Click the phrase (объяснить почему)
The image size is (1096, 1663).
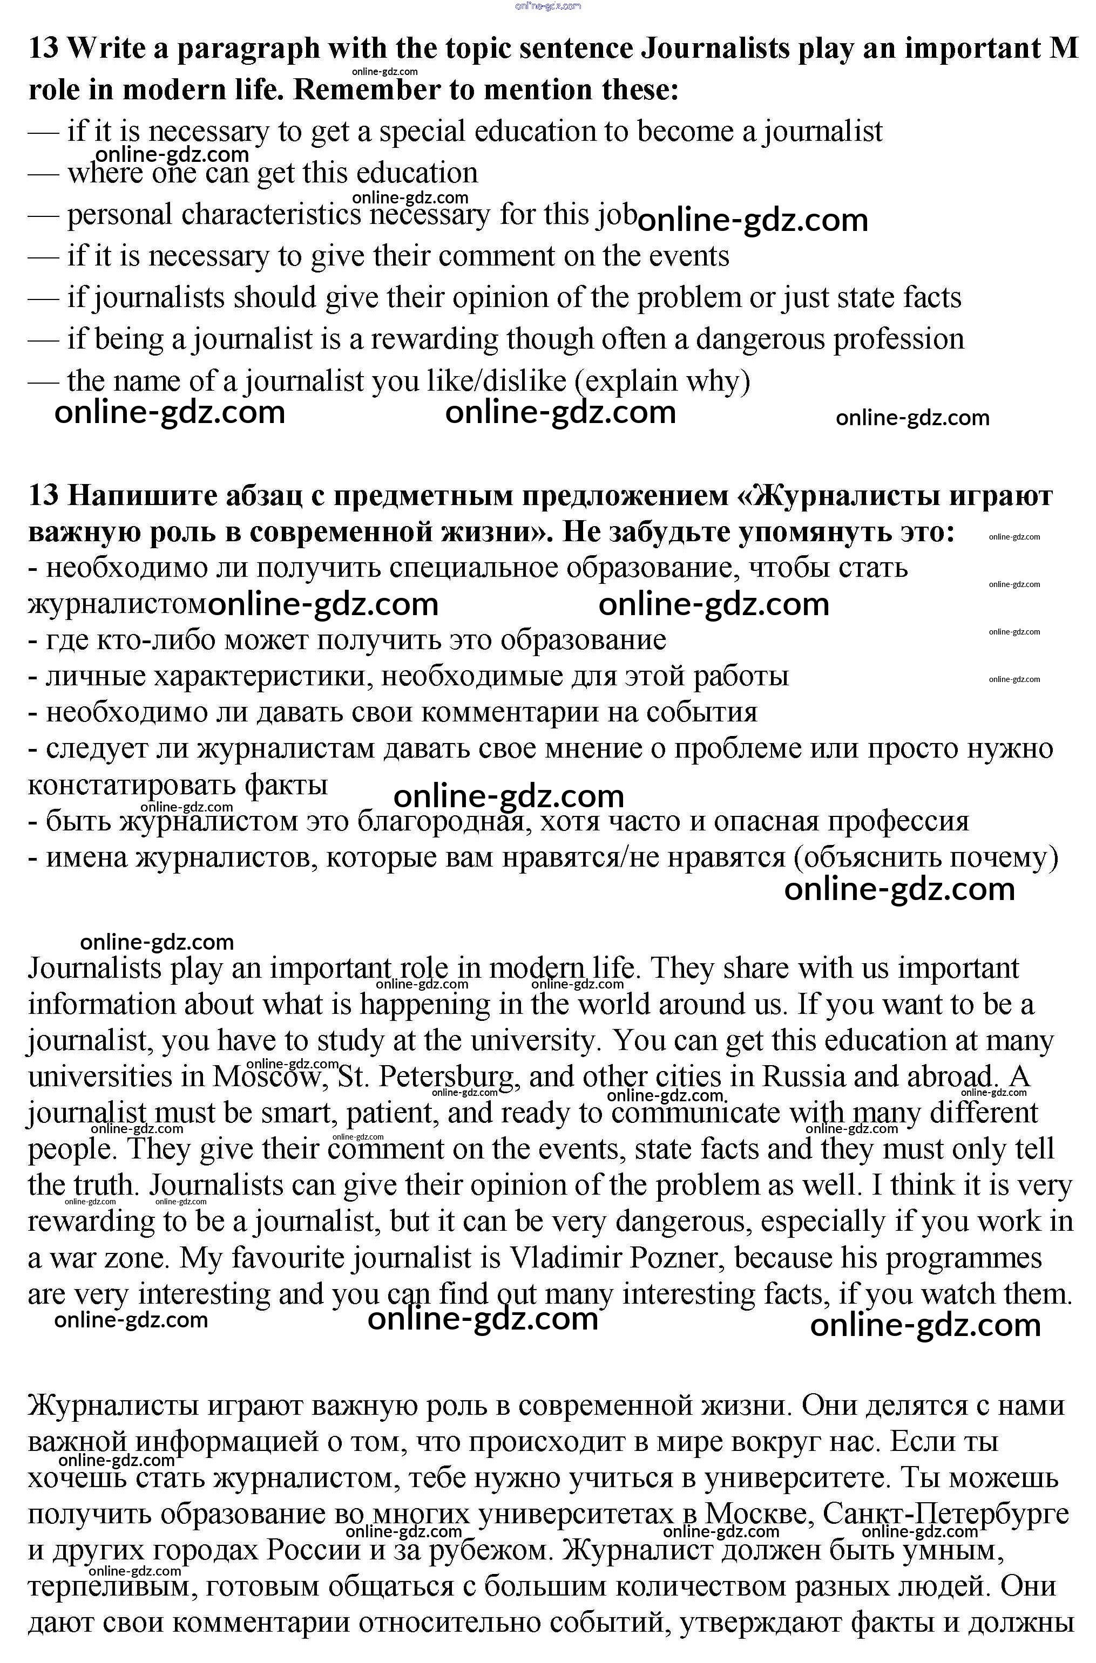pyautogui.click(x=925, y=857)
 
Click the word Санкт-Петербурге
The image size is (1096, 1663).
pyautogui.click(x=946, y=1514)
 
